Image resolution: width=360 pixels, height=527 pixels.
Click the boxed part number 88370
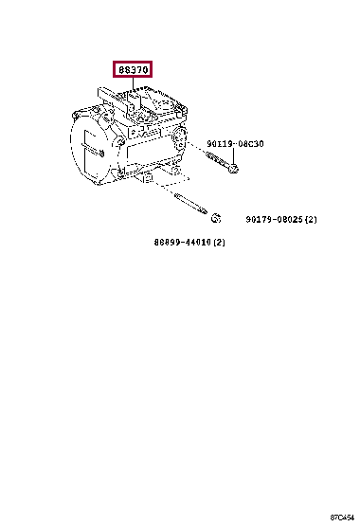pos(132,70)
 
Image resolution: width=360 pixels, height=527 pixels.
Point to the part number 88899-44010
pos(184,243)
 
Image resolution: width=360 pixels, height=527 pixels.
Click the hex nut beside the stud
pos(215,219)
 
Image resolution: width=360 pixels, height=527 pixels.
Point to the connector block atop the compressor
pos(142,100)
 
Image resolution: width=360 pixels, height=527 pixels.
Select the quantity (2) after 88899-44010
pos(219,243)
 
